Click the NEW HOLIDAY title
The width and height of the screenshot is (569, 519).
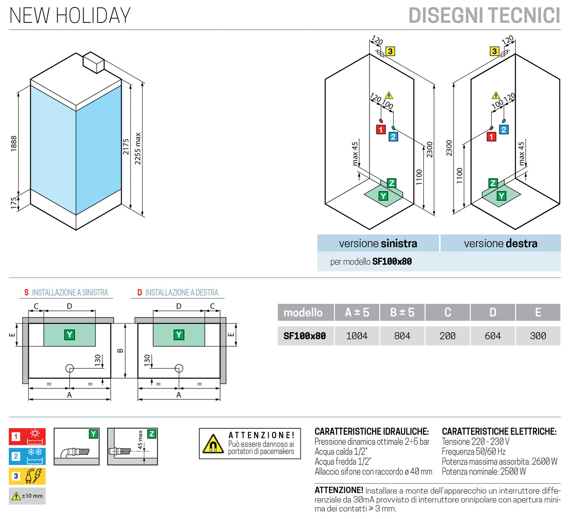[70, 16]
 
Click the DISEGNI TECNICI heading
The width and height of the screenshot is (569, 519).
[484, 16]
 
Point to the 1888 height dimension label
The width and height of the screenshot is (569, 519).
[14, 144]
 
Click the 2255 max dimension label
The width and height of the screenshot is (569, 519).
[138, 148]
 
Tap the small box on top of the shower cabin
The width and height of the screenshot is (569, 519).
[93, 62]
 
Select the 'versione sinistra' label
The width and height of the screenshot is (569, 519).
[378, 244]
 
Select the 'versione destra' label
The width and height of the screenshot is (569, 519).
[500, 244]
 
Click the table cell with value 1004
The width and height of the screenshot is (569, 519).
[357, 336]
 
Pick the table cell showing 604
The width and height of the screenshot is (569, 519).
[493, 336]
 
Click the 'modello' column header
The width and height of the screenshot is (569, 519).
[303, 312]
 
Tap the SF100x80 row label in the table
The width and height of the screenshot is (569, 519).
[305, 336]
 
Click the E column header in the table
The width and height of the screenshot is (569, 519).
[537, 312]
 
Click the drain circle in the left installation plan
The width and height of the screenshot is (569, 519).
[70, 368]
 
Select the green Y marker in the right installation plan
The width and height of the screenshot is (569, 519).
[179, 335]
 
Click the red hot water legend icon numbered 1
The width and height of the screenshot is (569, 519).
[27, 436]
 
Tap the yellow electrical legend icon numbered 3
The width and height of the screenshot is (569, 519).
[27, 476]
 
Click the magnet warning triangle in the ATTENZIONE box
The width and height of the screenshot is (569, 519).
[213, 444]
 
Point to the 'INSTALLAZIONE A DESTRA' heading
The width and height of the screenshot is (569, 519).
[181, 293]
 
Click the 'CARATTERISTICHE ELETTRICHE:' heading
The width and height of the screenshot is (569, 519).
[499, 432]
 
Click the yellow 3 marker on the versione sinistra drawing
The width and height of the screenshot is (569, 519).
[390, 51]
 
